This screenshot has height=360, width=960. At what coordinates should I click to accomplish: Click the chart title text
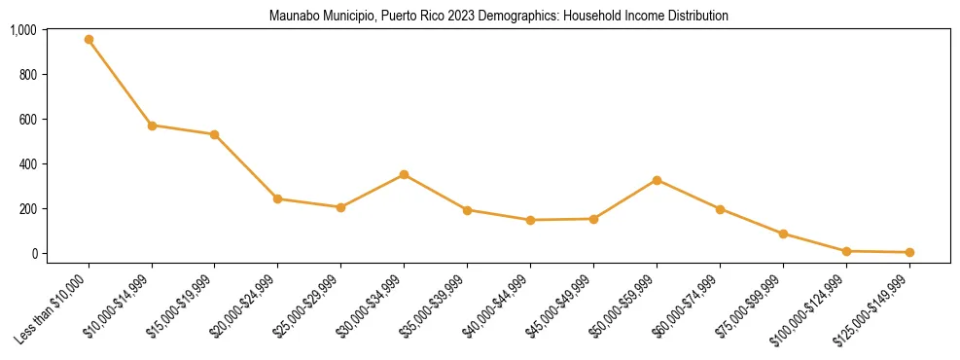(498, 17)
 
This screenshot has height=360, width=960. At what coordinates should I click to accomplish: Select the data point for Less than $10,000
(89, 40)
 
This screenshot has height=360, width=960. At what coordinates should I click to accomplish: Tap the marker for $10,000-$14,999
(152, 126)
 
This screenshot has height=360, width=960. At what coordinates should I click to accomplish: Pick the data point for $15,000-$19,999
(214, 134)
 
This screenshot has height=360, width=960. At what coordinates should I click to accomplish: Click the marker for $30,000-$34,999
(404, 174)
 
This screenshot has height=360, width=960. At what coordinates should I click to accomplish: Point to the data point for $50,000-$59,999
(657, 180)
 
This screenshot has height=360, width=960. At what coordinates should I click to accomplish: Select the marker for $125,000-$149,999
(909, 252)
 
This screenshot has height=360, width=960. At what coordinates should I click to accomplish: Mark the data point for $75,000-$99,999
(783, 234)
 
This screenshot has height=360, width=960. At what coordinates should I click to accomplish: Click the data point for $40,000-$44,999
(530, 220)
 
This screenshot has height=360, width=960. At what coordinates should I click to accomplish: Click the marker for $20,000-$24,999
(277, 198)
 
